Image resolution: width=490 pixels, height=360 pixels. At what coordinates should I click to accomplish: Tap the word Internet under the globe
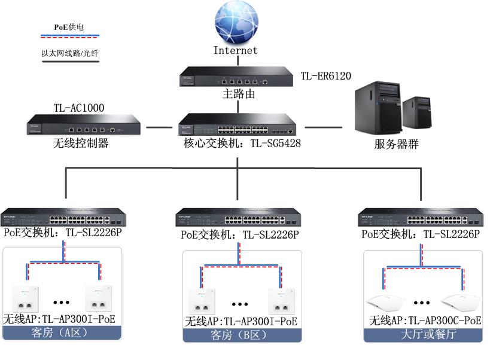[236, 51]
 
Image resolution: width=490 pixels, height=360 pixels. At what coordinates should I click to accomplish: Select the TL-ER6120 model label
[325, 77]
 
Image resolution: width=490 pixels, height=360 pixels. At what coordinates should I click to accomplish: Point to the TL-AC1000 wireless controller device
[83, 127]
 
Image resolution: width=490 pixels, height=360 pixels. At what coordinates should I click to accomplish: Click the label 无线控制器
[81, 144]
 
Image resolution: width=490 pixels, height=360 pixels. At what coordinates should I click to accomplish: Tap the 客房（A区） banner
[62, 332]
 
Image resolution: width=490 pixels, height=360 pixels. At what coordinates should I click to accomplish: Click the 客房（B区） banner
[242, 335]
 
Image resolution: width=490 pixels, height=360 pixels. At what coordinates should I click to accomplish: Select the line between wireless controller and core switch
[159, 127]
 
